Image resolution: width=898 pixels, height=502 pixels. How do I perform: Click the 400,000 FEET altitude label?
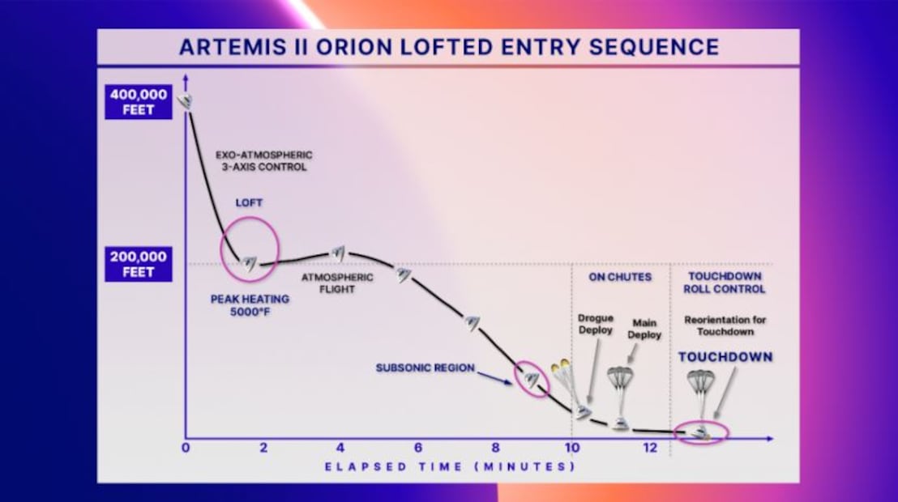tap(138, 102)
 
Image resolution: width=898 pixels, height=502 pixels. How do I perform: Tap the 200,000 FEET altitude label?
tap(138, 264)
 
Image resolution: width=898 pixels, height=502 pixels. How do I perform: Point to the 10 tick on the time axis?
tap(572, 448)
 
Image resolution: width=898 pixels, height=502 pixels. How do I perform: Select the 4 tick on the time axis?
tap(340, 448)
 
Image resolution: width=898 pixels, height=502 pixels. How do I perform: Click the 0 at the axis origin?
tap(186, 448)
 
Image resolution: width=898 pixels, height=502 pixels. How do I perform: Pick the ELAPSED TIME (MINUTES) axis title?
tap(450, 466)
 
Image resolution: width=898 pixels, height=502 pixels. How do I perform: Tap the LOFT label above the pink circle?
tap(249, 202)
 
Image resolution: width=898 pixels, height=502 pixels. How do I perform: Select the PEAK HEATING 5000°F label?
tap(250, 305)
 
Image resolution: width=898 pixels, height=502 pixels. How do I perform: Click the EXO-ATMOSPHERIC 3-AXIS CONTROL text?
tap(264, 161)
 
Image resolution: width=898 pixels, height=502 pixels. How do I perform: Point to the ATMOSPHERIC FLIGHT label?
tap(337, 283)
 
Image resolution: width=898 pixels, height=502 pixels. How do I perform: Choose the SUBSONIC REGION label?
tap(425, 368)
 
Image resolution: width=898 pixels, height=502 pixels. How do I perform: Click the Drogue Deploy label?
tap(596, 324)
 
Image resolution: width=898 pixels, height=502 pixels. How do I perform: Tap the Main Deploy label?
tap(644, 329)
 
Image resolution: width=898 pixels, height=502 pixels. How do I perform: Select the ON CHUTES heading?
tap(620, 277)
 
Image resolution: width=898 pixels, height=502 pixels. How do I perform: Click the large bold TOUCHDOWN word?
tap(725, 357)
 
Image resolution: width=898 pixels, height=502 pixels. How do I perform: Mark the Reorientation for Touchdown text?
tap(725, 325)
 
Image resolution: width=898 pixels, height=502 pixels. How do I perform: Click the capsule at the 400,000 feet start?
tap(185, 101)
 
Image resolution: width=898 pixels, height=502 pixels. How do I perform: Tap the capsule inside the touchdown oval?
tap(700, 432)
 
